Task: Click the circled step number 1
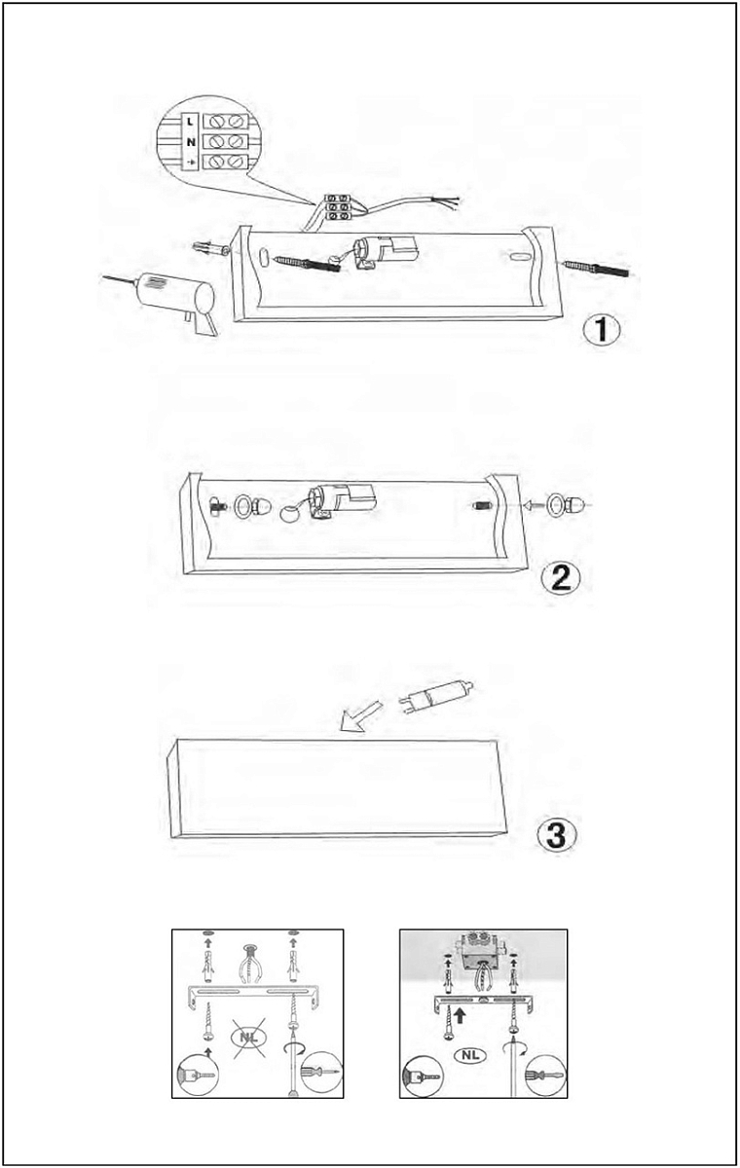pos(602,330)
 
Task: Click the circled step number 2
pos(561,578)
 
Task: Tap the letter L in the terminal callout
pos(190,122)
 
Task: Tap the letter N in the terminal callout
pos(191,142)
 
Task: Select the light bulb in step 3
pos(436,696)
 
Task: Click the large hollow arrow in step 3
pos(361,715)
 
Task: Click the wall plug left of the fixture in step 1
pos(210,247)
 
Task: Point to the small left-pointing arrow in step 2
pos(533,505)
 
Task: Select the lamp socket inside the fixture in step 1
pos(385,252)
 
